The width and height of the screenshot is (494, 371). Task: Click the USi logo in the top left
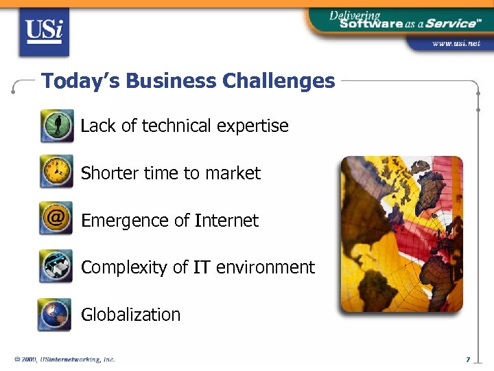coord(45,31)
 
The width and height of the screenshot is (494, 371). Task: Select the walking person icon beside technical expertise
coord(56,126)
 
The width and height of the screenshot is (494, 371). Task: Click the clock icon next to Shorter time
coord(56,172)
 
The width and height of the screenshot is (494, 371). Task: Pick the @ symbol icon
coord(56,218)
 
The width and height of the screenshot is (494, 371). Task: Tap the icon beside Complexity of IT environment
coord(56,266)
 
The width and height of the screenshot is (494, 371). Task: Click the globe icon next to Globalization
coord(55,314)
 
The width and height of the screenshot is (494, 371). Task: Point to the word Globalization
coord(130,315)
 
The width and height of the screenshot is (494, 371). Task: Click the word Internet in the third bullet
coord(226,221)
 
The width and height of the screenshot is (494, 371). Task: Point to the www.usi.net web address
coord(456,43)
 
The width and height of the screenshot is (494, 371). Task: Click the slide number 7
coord(467,359)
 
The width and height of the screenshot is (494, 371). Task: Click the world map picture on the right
coord(401,234)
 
